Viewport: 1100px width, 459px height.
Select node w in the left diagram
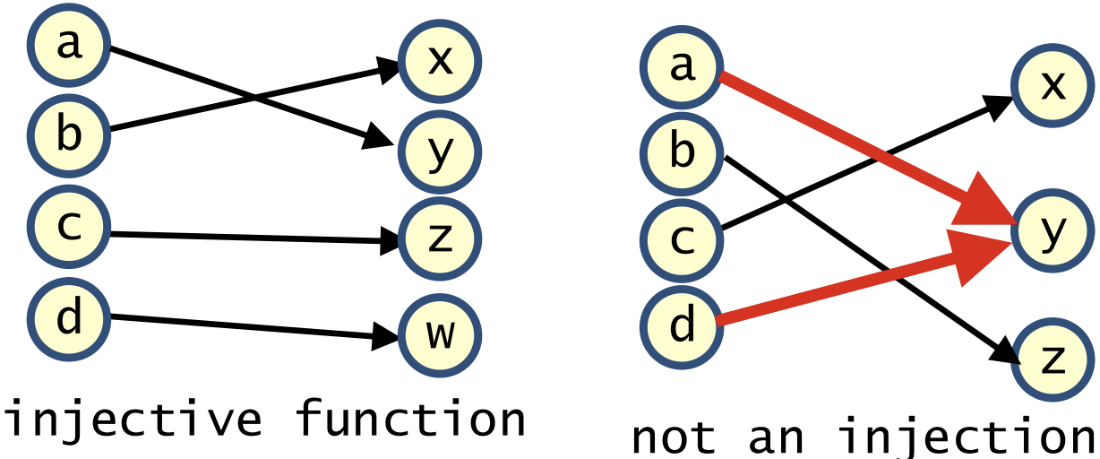[439, 333]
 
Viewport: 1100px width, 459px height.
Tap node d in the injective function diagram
[68, 317]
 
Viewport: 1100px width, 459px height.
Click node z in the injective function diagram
[439, 239]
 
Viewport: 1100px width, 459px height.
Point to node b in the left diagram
[68, 134]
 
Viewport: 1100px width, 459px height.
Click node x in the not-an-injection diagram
[1053, 86]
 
